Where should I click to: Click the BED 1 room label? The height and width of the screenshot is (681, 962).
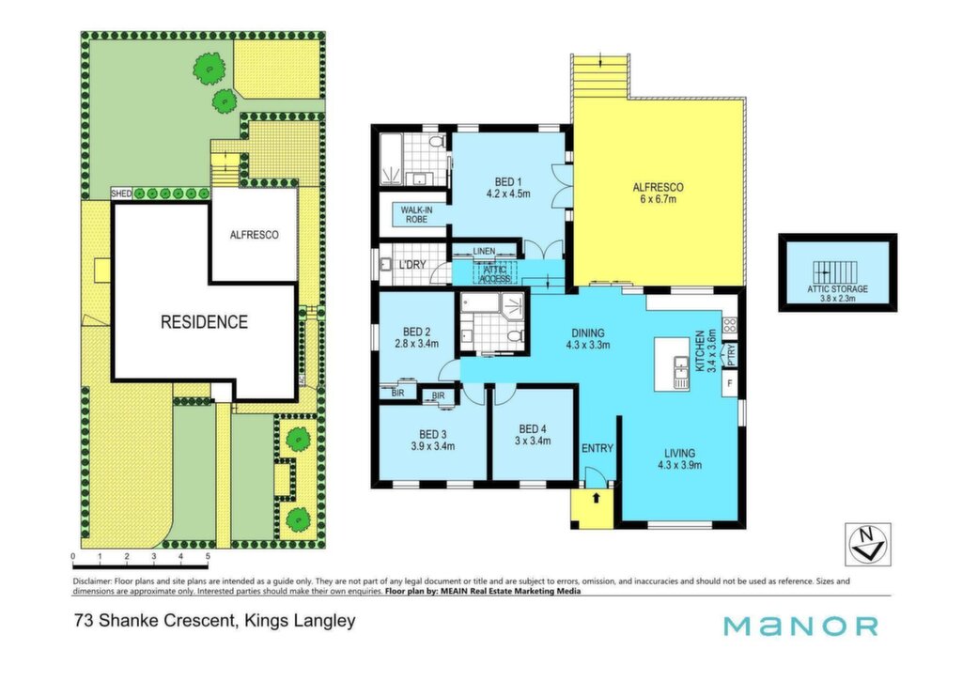coord(508,188)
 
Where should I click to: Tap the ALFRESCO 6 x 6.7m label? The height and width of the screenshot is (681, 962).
coord(658,193)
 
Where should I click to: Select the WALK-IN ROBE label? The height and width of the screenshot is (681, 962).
coord(416,214)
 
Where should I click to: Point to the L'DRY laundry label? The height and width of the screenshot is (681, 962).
coord(412,265)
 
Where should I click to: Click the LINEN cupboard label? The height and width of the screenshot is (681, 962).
coord(484,252)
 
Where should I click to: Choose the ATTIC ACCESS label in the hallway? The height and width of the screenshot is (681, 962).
coord(495,274)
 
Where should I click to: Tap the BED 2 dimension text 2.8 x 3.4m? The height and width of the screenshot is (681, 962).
coord(417,344)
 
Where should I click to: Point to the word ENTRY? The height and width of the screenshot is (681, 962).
coord(597,448)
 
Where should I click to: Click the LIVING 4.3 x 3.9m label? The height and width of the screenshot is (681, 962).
coord(679,459)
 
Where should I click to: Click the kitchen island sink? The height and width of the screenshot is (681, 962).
coord(682,373)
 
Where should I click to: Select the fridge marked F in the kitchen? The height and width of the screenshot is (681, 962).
coord(729,383)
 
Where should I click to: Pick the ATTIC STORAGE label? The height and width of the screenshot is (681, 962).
coord(837,289)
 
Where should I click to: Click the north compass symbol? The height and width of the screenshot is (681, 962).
coord(867,544)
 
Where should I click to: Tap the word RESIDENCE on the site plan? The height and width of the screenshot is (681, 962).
coord(204,322)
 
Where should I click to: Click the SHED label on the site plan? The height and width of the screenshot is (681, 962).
coord(121,193)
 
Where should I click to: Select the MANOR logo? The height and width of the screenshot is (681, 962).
coord(800,627)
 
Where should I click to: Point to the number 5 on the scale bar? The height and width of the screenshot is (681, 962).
coord(208,556)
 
